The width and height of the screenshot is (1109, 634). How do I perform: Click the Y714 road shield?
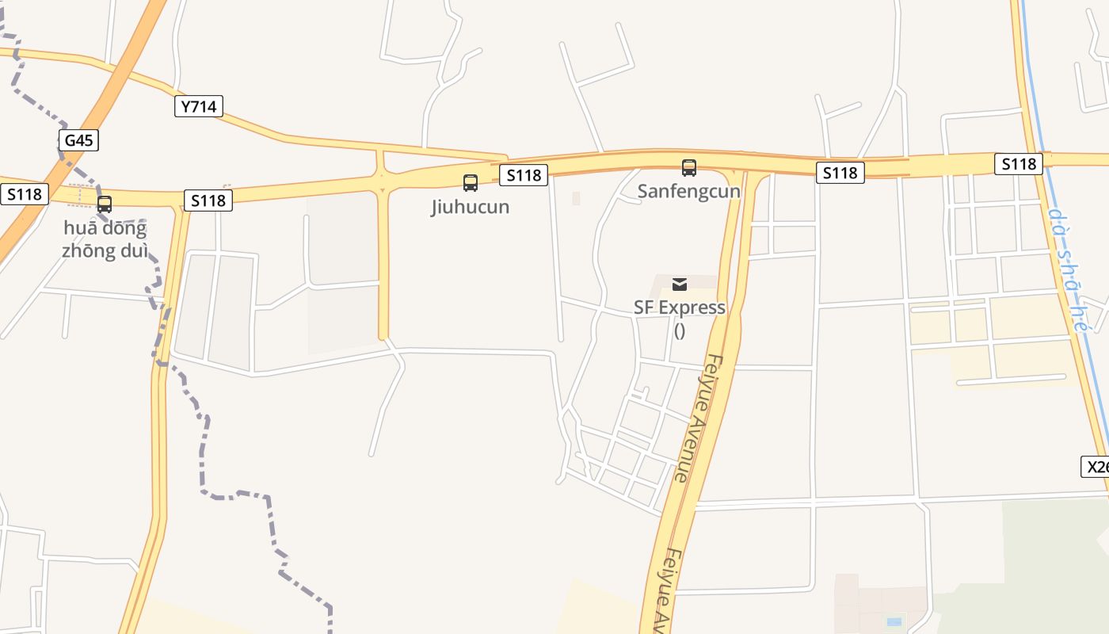pyautogui.click(x=198, y=106)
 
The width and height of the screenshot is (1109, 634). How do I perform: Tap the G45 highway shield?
pyautogui.click(x=78, y=141)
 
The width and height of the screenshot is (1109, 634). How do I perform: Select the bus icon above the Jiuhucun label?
pyautogui.click(x=471, y=183)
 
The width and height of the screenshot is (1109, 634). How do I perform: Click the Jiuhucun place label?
pyautogui.click(x=471, y=207)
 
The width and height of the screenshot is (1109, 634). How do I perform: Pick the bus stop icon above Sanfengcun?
pyautogui.click(x=689, y=168)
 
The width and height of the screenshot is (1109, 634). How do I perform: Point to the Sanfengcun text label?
pyautogui.click(x=689, y=192)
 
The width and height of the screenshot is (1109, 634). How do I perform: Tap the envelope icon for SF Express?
pyautogui.click(x=680, y=285)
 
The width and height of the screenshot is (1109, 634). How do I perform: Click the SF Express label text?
pyautogui.click(x=680, y=307)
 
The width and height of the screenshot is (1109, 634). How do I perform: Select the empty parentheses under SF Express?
pyautogui.click(x=680, y=330)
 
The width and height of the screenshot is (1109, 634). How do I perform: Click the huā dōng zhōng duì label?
pyautogui.click(x=105, y=240)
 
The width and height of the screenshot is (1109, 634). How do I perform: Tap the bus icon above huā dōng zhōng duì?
pyautogui.click(x=105, y=204)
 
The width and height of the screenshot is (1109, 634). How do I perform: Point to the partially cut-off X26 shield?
pyautogui.click(x=1096, y=467)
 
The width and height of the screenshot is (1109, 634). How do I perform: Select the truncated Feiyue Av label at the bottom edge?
pyautogui.click(x=666, y=590)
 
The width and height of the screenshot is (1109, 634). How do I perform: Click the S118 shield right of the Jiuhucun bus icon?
pyautogui.click(x=524, y=175)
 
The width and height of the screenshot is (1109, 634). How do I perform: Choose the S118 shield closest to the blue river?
pyautogui.click(x=1019, y=164)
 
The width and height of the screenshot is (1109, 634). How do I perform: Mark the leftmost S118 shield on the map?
pyautogui.click(x=25, y=194)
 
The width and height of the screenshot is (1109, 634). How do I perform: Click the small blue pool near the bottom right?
pyautogui.click(x=894, y=621)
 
